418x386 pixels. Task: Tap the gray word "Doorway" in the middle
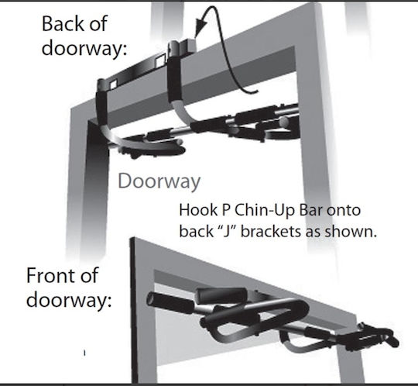pyautogui.click(x=159, y=181)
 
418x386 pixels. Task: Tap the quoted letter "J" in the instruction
pyautogui.click(x=228, y=231)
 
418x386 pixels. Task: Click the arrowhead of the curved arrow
pyautogui.click(x=200, y=28)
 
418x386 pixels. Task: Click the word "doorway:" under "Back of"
pyautogui.click(x=84, y=50)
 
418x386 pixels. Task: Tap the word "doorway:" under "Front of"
pyautogui.click(x=69, y=301)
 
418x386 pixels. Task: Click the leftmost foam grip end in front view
pyautogui.click(x=152, y=299)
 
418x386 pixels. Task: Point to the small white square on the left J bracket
pyautogui.click(x=113, y=84)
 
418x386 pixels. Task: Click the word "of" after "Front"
pyautogui.click(x=90, y=275)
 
